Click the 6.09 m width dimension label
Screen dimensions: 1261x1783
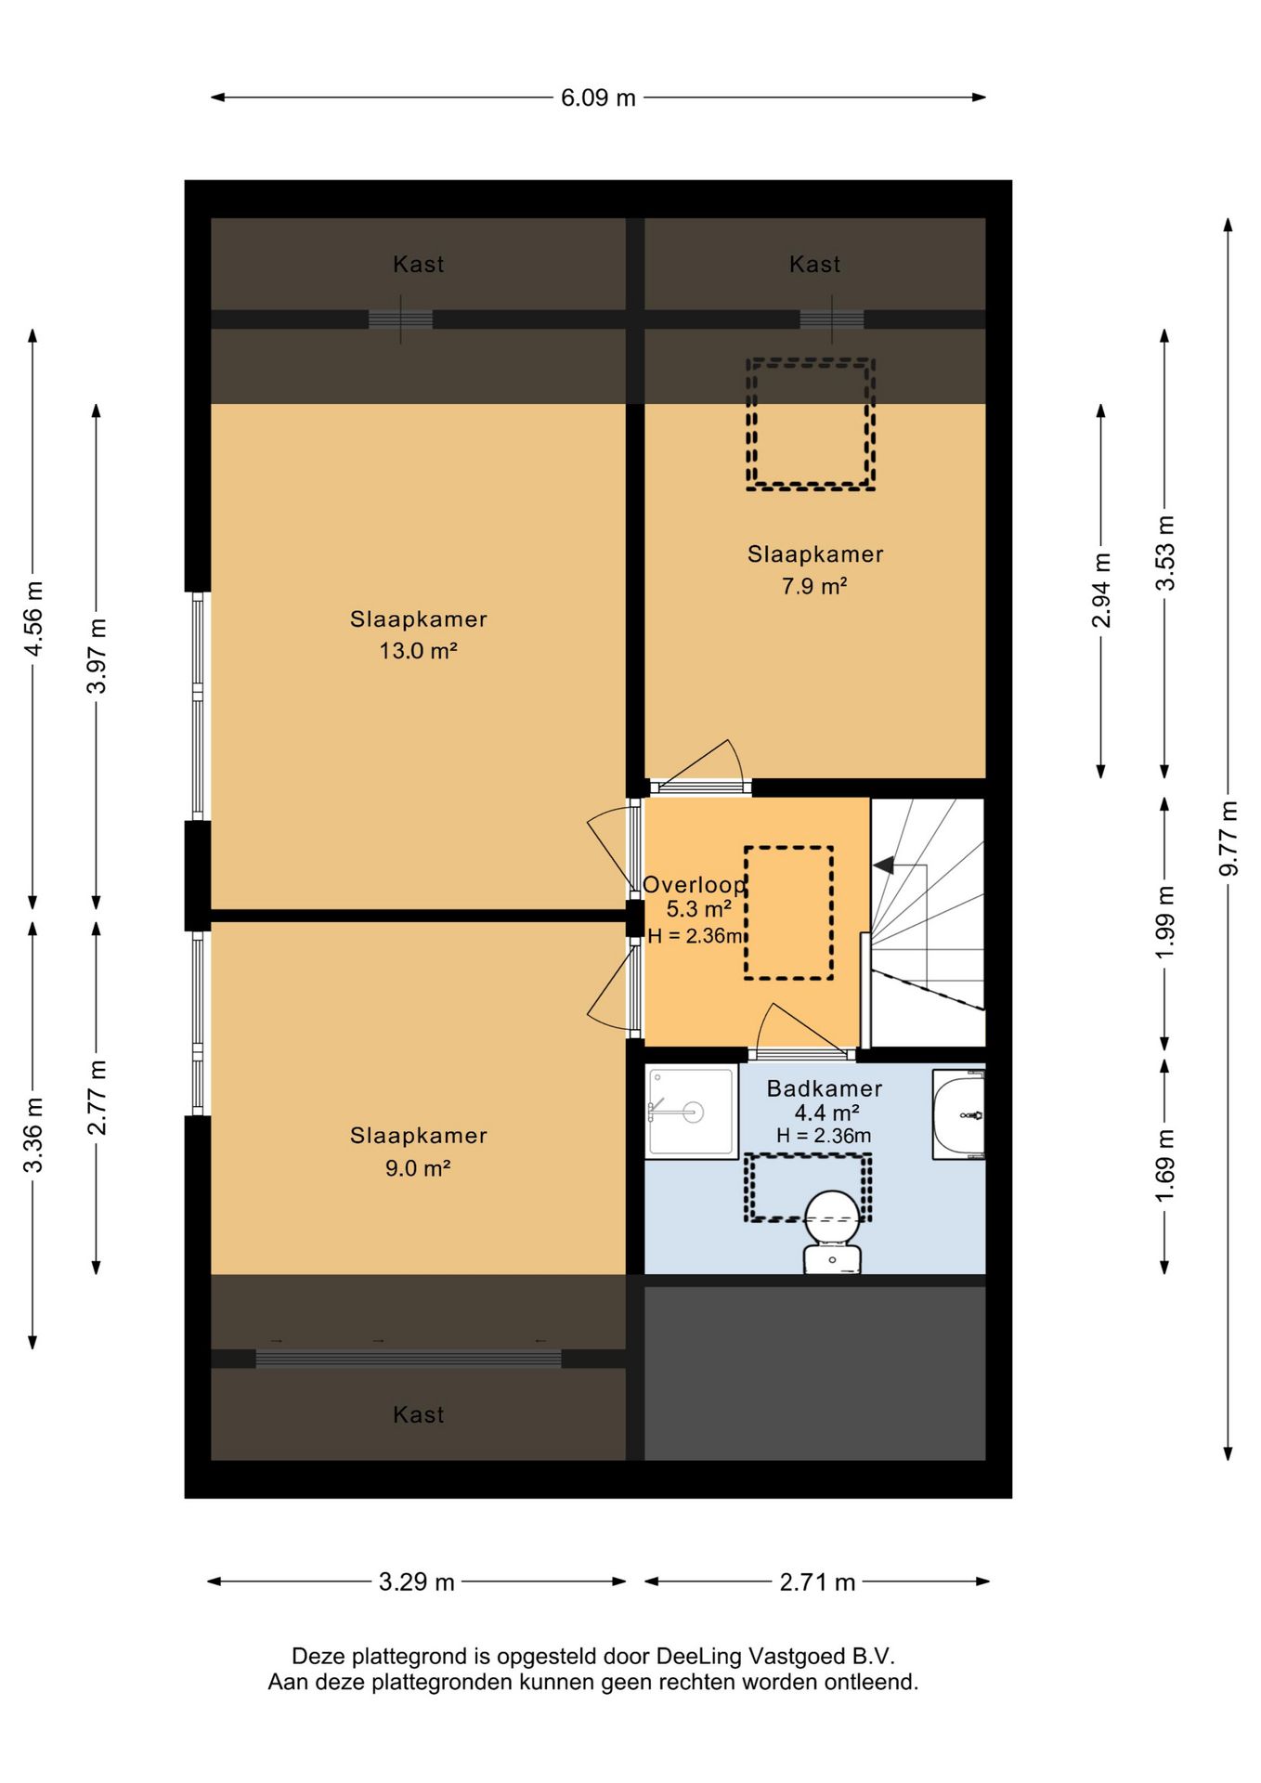point(598,98)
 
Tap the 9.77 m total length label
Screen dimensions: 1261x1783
point(1228,838)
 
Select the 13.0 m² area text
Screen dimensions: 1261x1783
point(418,650)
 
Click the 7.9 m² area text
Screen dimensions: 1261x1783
point(814,586)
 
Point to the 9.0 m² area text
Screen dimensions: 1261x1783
point(418,1167)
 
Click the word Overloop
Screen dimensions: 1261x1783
point(695,886)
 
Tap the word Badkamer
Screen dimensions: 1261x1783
point(825,1088)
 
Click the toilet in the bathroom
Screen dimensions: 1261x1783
point(832,1231)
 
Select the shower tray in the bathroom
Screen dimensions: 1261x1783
point(691,1113)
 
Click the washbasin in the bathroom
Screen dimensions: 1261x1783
point(958,1113)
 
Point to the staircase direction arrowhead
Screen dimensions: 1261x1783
point(883,865)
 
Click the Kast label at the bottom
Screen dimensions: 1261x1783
point(418,1414)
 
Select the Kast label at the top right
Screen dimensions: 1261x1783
point(814,265)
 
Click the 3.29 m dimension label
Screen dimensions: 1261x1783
point(416,1581)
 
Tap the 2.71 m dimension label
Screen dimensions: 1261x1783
point(817,1581)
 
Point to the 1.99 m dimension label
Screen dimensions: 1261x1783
point(1165,922)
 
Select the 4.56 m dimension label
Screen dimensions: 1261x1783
point(33,618)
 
